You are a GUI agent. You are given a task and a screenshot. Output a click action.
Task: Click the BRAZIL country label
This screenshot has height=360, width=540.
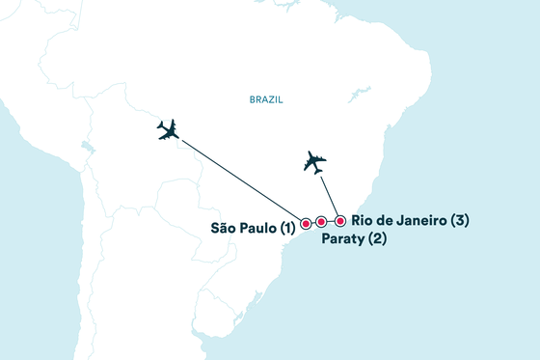tap(265, 99)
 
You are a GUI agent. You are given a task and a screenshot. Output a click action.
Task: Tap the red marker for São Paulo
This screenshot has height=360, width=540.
tap(306, 224)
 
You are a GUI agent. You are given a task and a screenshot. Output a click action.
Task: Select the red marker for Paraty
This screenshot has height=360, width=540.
tap(321, 222)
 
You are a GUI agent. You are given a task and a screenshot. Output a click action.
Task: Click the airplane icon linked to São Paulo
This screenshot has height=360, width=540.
tap(169, 130)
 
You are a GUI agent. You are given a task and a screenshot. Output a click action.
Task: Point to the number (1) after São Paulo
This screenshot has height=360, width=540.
tap(287, 229)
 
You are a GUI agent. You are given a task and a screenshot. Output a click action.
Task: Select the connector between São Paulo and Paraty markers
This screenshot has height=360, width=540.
tap(313, 223)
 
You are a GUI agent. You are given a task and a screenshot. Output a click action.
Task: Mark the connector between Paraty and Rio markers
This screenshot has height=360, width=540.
tap(331, 221)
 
